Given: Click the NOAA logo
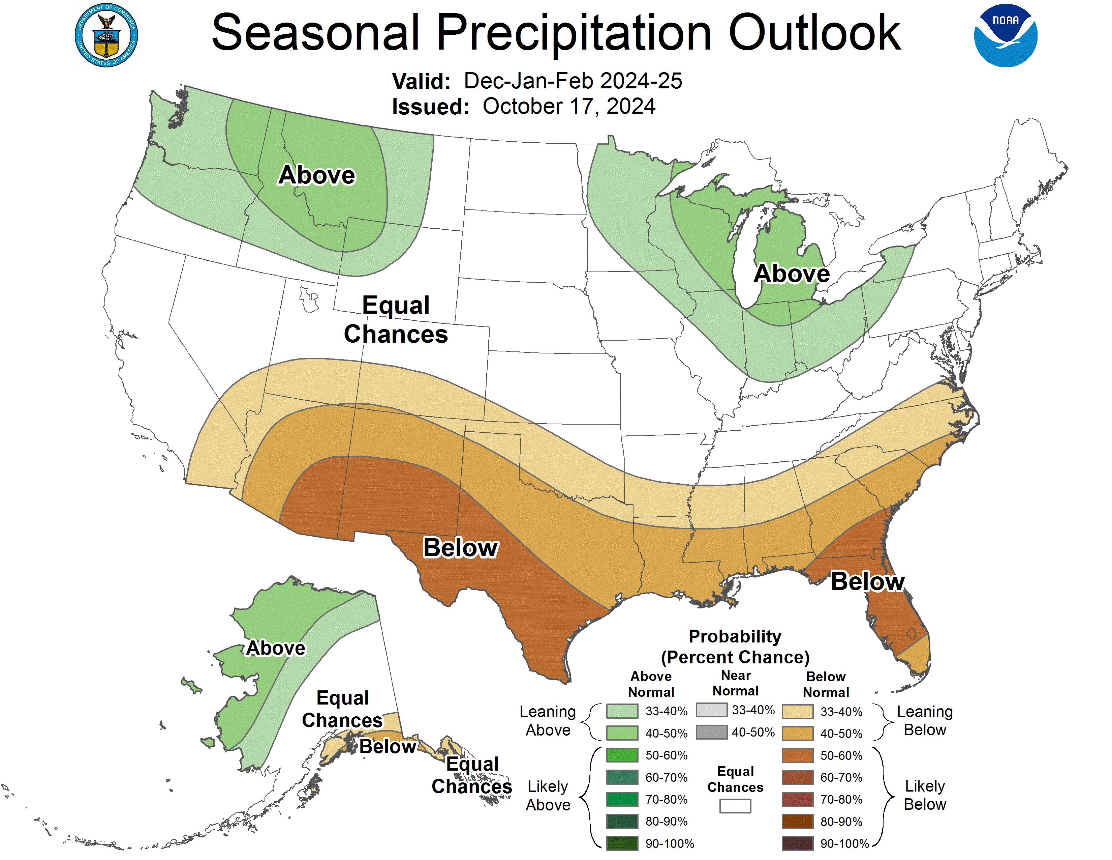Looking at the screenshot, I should (1005, 36).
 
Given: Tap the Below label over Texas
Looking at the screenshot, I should (460, 548).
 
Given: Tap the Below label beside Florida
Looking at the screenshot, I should (867, 581).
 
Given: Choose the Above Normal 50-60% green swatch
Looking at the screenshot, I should (622, 755).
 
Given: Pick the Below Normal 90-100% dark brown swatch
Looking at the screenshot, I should (797, 843).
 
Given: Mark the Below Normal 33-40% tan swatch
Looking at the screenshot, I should (797, 711).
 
